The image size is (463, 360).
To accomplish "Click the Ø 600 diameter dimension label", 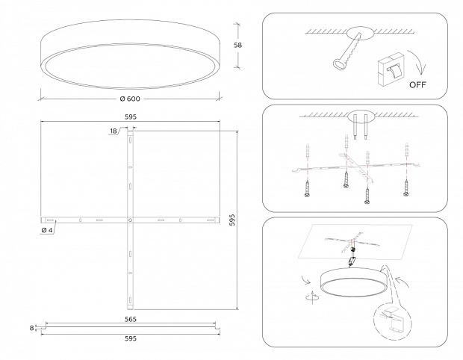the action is click(x=130, y=99).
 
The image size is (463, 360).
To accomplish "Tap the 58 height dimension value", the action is click(x=237, y=45).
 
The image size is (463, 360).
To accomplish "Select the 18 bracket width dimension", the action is click(x=114, y=131).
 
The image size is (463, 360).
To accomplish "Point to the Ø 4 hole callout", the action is click(x=47, y=230).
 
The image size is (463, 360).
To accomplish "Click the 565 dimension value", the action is click(x=131, y=319).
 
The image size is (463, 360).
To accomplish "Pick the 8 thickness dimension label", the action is click(x=31, y=328).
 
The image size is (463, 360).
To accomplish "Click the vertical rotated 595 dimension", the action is click(x=232, y=220).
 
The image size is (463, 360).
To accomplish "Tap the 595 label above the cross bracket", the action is click(x=131, y=117).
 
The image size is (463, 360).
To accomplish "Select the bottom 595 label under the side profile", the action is click(x=131, y=338).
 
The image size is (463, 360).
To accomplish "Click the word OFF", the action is click(x=417, y=84).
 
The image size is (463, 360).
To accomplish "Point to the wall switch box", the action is click(x=391, y=69).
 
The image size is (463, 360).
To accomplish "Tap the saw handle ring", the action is click(x=338, y=64).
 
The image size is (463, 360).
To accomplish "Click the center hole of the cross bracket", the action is click(x=130, y=220).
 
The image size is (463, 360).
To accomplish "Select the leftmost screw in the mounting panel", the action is click(x=307, y=189).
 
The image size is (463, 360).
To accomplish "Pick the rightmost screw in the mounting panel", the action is click(x=406, y=187).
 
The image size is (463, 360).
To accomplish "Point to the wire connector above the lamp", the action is click(x=352, y=261).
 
